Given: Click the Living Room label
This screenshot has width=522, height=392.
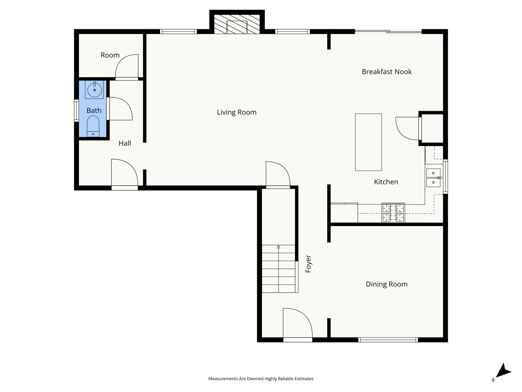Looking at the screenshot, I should [237, 112].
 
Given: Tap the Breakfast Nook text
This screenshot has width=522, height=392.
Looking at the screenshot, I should [387, 72].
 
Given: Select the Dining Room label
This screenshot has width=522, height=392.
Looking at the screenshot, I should [387, 284].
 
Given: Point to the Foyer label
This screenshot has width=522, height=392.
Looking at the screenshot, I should [308, 264].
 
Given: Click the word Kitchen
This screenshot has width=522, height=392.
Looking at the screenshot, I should [386, 182].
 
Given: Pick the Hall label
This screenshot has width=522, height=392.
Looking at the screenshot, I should [125, 143].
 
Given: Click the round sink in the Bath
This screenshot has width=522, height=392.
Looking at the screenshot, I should [95, 90].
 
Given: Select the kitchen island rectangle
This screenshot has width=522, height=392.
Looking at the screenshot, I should [368, 142].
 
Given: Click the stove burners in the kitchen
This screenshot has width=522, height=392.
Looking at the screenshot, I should [393, 213].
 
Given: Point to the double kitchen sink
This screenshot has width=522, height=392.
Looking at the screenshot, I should [433, 178].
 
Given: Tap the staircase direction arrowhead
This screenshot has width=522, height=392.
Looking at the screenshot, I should [279, 247].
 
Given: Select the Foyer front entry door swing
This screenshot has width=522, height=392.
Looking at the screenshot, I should [297, 323].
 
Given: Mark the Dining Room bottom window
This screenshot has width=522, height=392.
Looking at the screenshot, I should [388, 340].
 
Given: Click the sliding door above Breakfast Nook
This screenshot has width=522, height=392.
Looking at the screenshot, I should [388, 32].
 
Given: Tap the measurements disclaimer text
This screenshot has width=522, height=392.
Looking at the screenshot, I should [261, 379].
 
